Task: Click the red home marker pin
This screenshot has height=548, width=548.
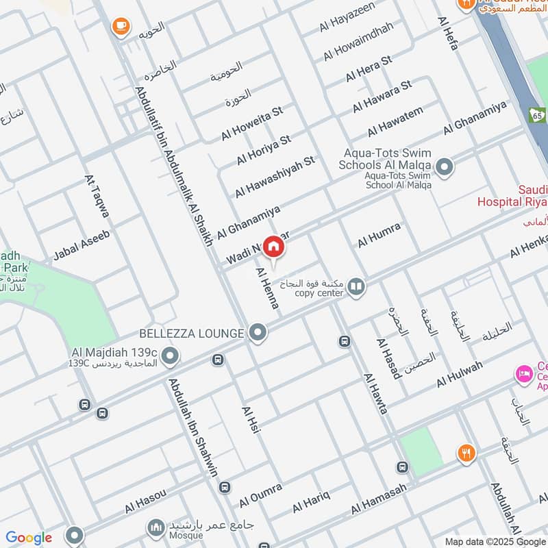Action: [273, 247]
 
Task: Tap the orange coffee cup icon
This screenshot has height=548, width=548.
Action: [121, 26]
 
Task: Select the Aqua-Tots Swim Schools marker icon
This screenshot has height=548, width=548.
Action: [445, 166]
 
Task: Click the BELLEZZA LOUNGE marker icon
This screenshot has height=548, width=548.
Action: [258, 333]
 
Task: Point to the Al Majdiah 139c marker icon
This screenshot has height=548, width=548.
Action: [171, 355]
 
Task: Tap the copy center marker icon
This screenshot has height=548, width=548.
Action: [355, 286]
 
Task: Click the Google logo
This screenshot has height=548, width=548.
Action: [29, 538]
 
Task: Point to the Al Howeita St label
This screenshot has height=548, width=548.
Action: [251, 123]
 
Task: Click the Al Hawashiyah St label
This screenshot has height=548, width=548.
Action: [274, 177]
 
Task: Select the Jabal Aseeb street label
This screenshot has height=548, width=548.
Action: [82, 245]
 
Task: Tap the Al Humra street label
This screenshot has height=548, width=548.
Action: [379, 236]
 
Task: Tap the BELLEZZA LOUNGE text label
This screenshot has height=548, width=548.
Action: [191, 334]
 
